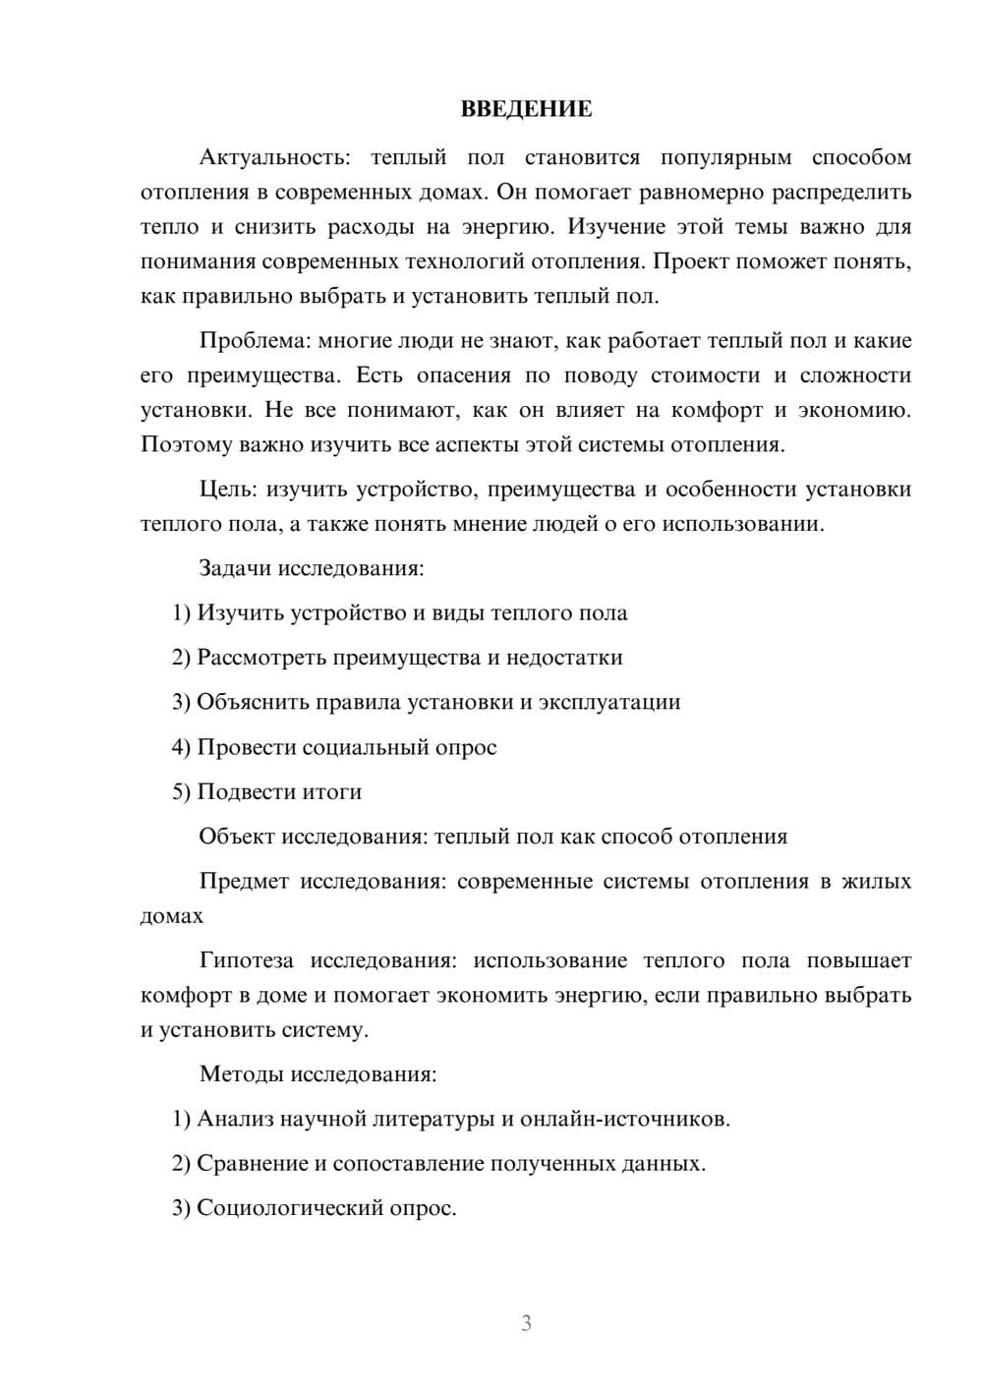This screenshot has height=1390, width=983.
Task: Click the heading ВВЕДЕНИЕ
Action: (x=526, y=109)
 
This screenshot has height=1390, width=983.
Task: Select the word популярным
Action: (x=725, y=157)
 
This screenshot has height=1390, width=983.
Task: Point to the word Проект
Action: (x=687, y=261)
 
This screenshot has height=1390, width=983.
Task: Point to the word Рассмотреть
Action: (x=261, y=658)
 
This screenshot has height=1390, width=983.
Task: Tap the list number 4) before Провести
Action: (x=181, y=747)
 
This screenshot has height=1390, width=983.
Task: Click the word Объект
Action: (x=236, y=837)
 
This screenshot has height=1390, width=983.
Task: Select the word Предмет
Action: (x=244, y=881)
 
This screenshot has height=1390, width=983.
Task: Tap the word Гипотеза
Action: (x=249, y=960)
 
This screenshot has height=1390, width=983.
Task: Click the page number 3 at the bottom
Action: (x=526, y=1323)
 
